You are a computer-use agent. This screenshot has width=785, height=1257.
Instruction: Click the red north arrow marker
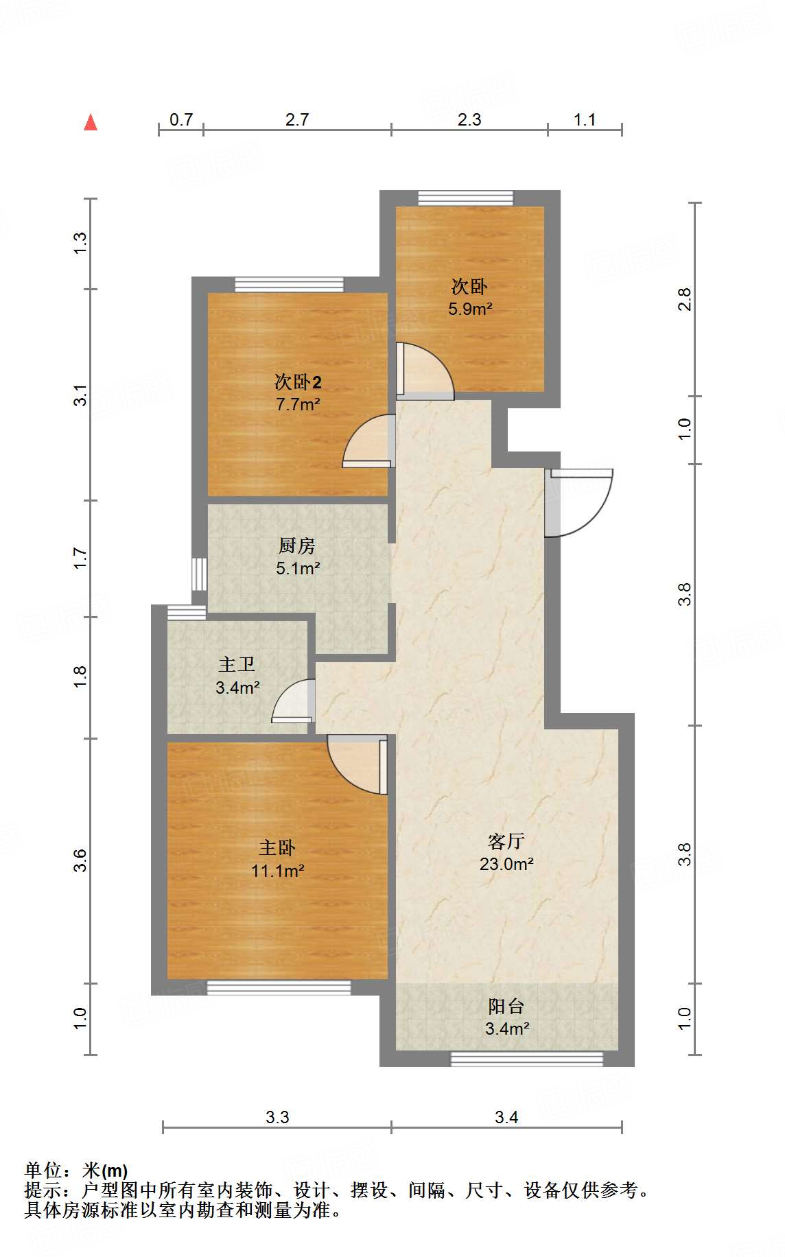coord(91,123)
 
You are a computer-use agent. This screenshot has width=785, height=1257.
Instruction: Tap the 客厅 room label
coord(506,841)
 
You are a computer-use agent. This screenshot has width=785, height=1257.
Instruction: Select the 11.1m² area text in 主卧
coord(278,871)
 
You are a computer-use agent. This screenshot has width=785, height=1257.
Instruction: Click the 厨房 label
coord(297,545)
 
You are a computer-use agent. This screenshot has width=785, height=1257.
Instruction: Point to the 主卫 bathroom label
coord(237,664)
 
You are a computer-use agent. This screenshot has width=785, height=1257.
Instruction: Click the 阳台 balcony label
coord(506,1007)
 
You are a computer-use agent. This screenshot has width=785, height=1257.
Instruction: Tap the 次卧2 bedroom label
coord(298,381)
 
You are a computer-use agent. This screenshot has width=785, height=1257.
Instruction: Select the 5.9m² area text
coord(470,309)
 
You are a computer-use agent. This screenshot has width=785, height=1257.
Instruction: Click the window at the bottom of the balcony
coord(526,1059)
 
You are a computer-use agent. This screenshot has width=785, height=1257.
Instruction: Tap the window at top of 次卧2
coord(289,284)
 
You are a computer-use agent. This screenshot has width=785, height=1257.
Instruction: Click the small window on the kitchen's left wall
coord(199,574)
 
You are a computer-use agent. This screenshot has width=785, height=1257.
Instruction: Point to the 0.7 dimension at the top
coord(181,119)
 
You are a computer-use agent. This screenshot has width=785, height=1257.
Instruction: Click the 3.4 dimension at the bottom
coord(506,1117)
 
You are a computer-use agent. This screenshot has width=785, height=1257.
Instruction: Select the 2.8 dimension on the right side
coord(684,299)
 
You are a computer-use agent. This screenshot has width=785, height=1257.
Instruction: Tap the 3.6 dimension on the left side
coord(81,860)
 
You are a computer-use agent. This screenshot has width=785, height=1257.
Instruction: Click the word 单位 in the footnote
coord(43,1170)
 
